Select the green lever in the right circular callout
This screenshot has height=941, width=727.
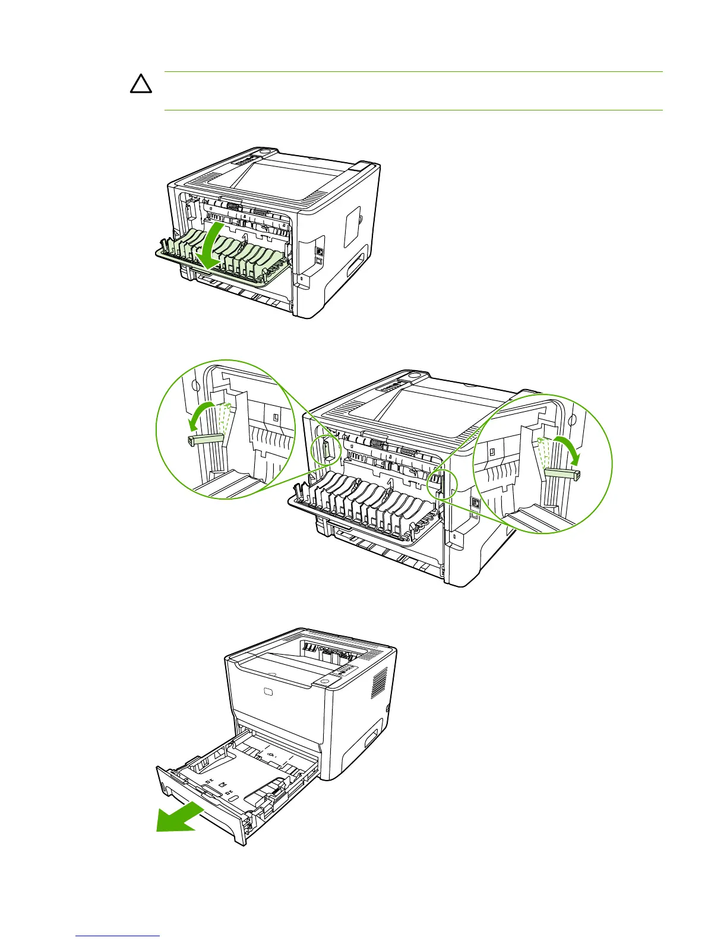pyautogui.click(x=562, y=473)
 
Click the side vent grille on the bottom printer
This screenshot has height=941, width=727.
pyautogui.click(x=379, y=683)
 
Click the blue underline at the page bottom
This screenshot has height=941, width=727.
pyautogui.click(x=118, y=936)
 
